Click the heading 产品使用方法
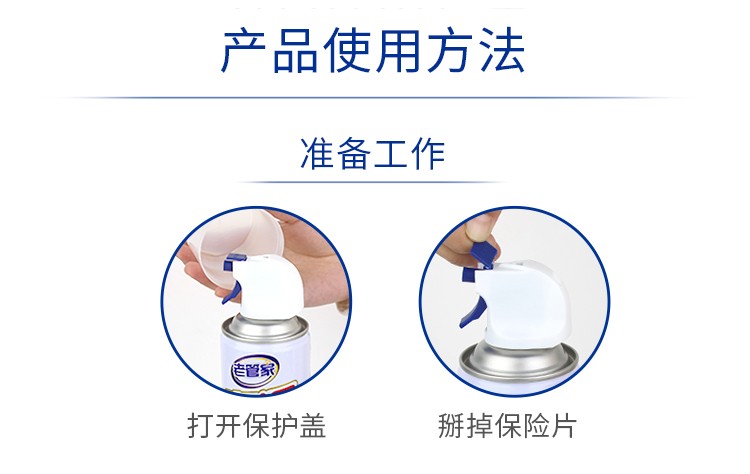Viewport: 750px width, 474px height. point(373,51)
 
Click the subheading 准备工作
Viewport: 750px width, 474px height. point(373,154)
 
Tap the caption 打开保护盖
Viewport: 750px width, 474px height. point(257,426)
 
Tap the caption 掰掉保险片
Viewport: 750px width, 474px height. point(507,426)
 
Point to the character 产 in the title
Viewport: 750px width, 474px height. point(244,51)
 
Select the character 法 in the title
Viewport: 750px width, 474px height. point(501,51)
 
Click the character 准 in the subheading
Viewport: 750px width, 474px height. point(317,154)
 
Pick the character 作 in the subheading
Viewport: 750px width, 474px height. point(429,154)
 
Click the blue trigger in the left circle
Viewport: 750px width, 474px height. point(231,293)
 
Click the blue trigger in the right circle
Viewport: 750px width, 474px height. point(472,312)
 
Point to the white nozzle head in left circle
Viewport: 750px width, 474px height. point(270,287)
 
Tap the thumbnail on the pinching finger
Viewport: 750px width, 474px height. point(474,231)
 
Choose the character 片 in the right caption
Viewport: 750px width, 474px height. point(563,426)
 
